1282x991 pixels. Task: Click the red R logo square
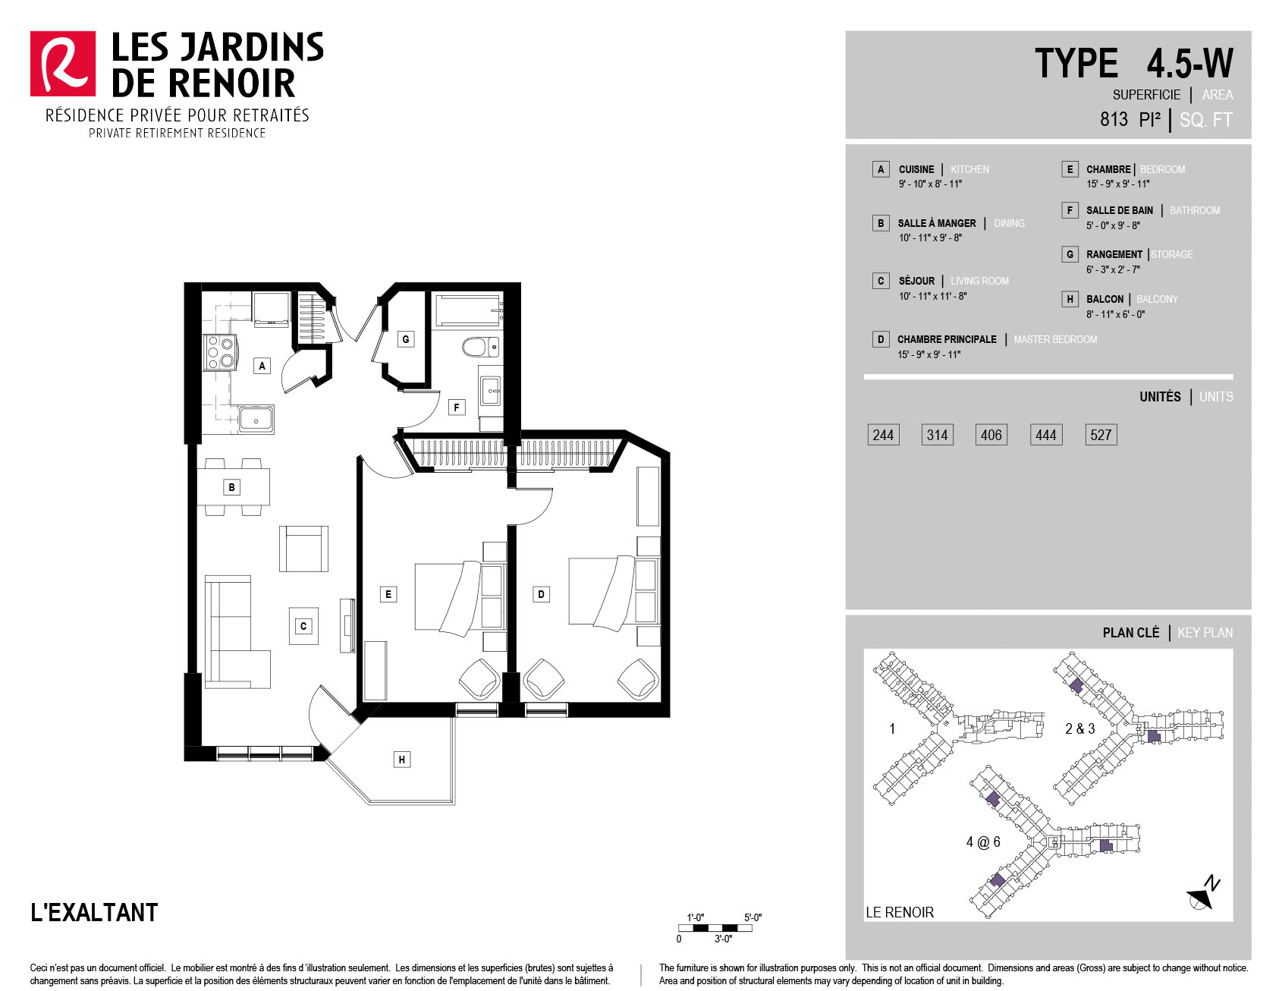click(x=63, y=64)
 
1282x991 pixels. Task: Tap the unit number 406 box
click(x=991, y=435)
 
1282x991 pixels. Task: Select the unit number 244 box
click(x=883, y=435)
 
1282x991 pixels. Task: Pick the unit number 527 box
click(x=1101, y=435)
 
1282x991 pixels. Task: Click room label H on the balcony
click(x=402, y=760)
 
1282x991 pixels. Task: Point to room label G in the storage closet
click(x=406, y=339)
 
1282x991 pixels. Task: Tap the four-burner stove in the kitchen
click(x=220, y=352)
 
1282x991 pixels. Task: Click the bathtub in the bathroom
click(x=467, y=310)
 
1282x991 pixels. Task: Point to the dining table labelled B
click(x=233, y=487)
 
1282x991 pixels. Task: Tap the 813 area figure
click(x=1114, y=119)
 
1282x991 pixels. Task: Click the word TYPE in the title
click(x=1076, y=63)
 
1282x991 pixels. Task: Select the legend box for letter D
click(x=881, y=339)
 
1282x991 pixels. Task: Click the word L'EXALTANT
click(x=94, y=912)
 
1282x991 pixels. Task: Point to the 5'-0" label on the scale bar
click(x=753, y=917)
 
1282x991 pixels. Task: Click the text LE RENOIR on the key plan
click(x=900, y=912)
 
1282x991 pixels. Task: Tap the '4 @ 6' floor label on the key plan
click(x=983, y=842)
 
